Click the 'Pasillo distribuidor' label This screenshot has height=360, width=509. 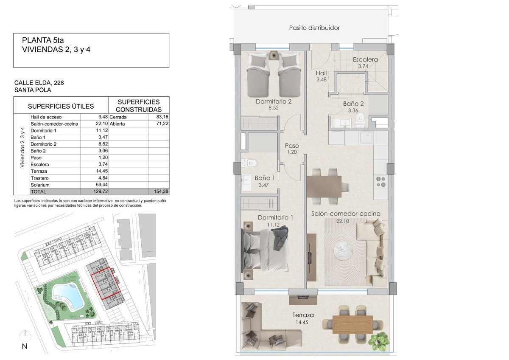314,28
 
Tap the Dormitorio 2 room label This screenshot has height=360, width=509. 274,101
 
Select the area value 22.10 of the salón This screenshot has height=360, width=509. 343,221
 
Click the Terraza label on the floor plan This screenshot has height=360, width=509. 303,315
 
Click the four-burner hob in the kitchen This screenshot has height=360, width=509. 381,182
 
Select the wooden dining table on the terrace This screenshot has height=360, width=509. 352,324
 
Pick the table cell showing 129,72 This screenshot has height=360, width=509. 101,191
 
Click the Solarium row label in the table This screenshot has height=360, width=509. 40,185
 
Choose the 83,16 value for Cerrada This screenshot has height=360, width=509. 163,117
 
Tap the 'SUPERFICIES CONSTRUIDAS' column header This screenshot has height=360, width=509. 139,106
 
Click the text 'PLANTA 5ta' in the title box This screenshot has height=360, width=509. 43,40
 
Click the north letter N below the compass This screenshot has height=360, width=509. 25,346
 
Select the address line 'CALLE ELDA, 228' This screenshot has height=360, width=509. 39,82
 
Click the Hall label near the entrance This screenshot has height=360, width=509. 322,73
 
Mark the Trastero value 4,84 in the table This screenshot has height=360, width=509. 103,178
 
